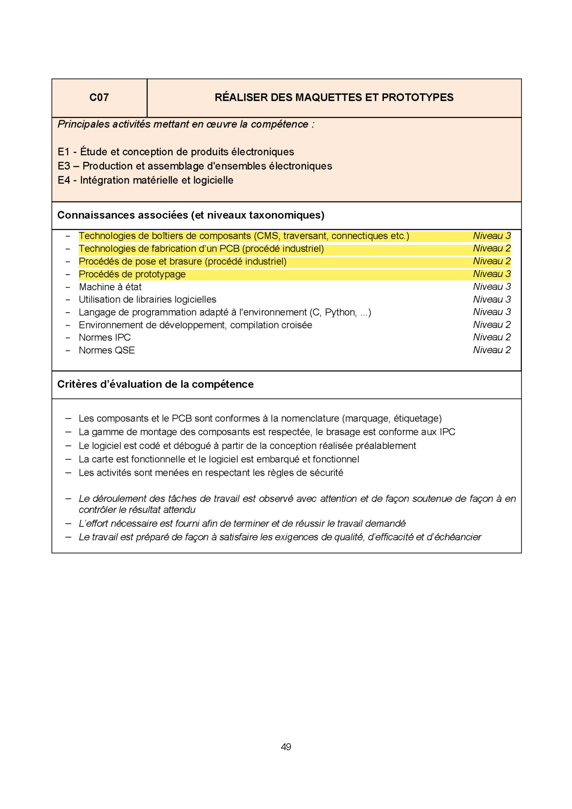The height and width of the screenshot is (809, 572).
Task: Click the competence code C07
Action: [99, 97]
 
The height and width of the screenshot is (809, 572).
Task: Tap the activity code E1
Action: [64, 152]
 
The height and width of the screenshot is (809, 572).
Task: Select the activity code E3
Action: [64, 166]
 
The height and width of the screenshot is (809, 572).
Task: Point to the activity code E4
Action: [64, 180]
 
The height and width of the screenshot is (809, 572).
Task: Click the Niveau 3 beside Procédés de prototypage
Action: [491, 274]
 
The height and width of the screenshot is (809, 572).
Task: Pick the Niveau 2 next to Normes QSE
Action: [491, 350]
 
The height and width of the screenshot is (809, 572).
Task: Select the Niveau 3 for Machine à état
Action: [491, 287]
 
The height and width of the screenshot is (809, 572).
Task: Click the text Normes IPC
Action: [105, 337]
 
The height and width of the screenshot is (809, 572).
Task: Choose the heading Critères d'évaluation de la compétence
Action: [155, 384]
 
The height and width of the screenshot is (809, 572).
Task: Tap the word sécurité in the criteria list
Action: [326, 472]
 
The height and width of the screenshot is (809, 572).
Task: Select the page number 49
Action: [286, 747]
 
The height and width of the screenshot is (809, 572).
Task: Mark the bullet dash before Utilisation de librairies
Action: [68, 300]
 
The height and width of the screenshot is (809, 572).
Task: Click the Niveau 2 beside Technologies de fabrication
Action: [491, 248]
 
